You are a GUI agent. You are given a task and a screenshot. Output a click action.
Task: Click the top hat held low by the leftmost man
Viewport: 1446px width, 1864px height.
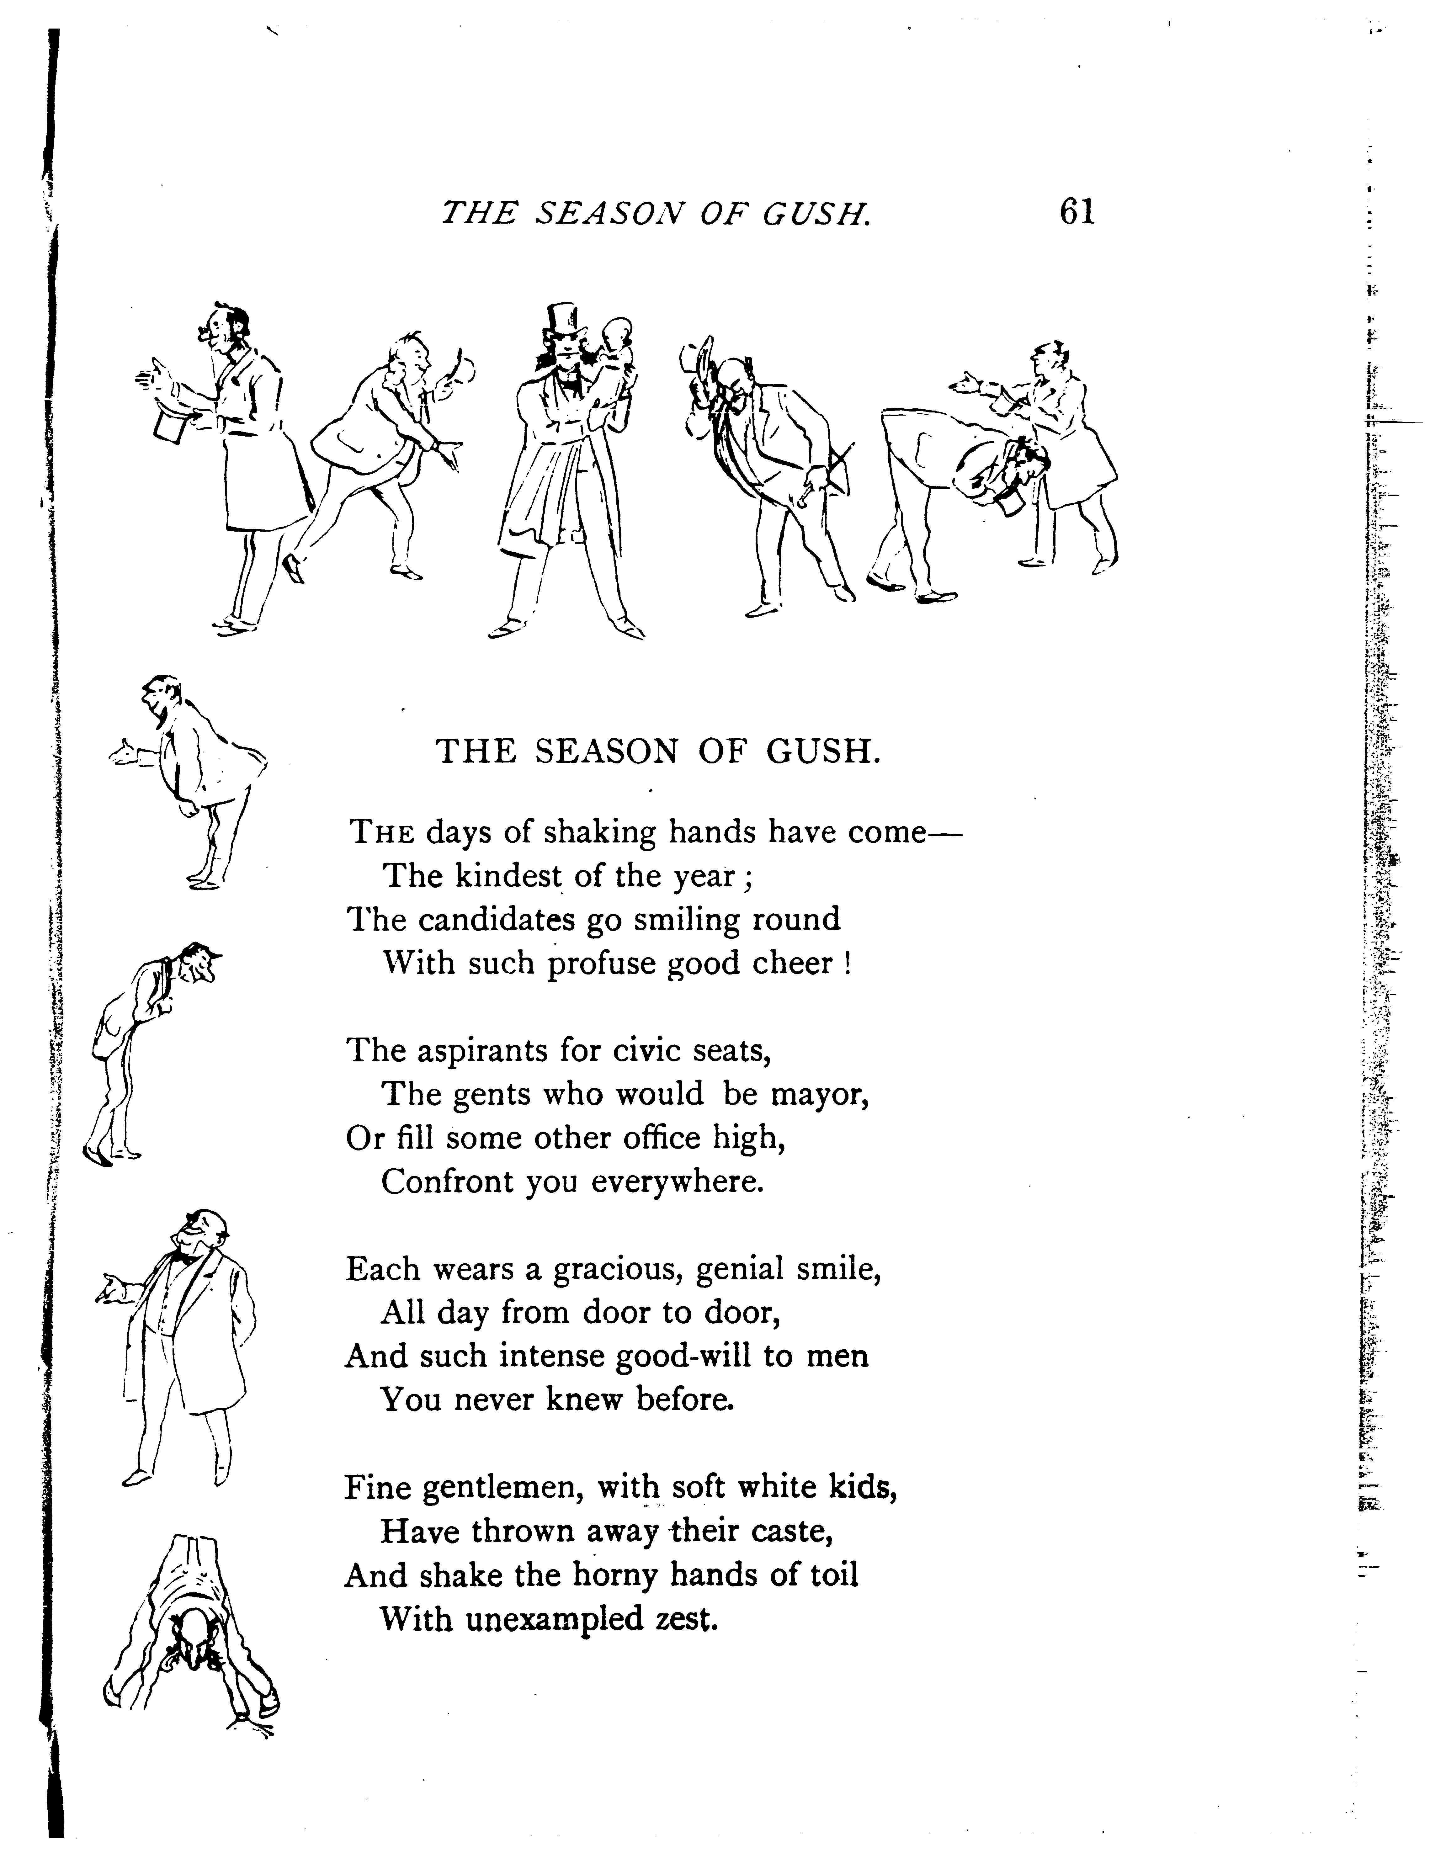click(x=171, y=424)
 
